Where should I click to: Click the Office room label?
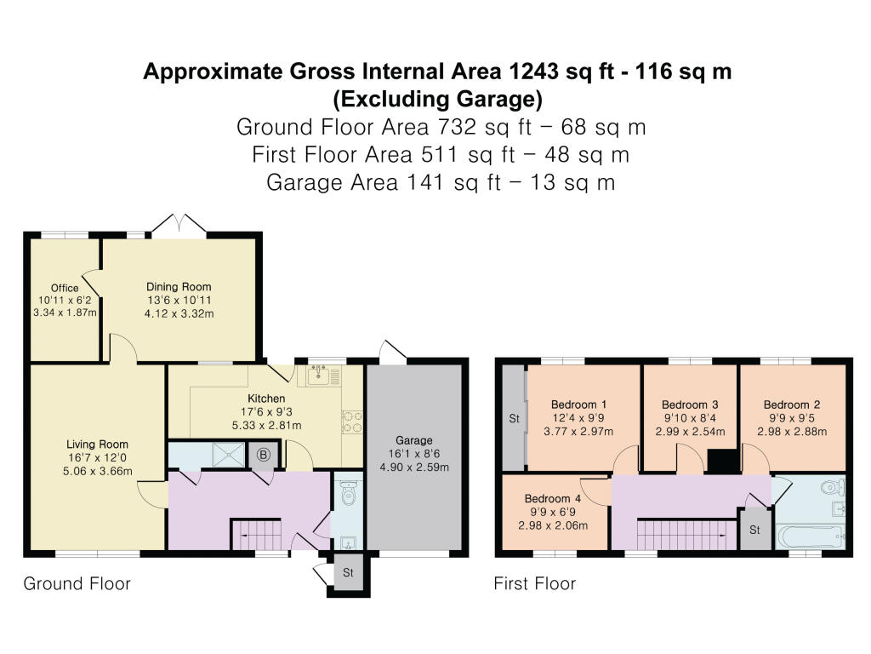(x=65, y=289)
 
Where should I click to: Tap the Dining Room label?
(x=179, y=287)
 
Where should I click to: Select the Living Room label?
(x=98, y=444)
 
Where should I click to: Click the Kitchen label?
(x=266, y=399)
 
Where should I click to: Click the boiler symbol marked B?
(x=264, y=456)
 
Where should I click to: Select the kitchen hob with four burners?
(x=351, y=422)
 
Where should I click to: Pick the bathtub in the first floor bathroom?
(x=809, y=537)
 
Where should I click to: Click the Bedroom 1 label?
(x=579, y=404)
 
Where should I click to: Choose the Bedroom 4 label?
(x=552, y=498)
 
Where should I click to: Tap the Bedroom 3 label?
(x=690, y=404)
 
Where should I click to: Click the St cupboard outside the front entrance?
(x=348, y=573)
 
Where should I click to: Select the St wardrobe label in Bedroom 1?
(x=514, y=419)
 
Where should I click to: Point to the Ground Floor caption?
(x=77, y=584)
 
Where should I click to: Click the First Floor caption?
(x=535, y=584)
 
